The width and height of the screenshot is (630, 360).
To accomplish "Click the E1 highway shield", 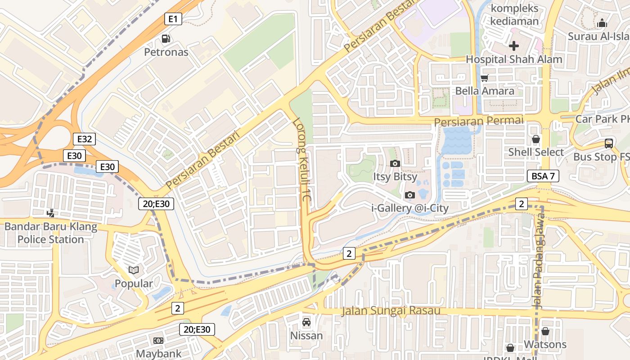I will tap(173, 19).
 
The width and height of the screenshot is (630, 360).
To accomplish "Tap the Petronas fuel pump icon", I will tap(166, 39).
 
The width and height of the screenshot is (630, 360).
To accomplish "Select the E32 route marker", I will tap(84, 139).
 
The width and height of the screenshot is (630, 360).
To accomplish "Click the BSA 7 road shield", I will tap(543, 176).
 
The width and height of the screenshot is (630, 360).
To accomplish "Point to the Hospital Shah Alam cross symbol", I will tap(513, 46).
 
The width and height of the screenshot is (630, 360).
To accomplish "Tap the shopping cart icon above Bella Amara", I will tap(485, 78).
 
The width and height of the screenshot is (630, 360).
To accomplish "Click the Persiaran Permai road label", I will tap(479, 121).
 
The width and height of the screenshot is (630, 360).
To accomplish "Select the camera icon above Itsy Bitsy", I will tap(395, 163).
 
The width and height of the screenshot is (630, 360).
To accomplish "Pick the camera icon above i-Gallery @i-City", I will tap(409, 195).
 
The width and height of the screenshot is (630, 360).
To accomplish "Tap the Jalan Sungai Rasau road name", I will tap(391, 310).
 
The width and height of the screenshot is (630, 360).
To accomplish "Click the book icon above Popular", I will tap(134, 270).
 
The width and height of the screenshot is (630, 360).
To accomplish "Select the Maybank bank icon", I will tap(158, 341).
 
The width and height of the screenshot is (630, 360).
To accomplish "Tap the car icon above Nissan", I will tap(306, 322).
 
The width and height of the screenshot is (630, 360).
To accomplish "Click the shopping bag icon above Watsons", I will tap(545, 331).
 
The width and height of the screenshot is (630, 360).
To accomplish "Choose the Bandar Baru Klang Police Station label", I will tap(50, 233).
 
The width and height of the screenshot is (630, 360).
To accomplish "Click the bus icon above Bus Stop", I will tap(608, 144).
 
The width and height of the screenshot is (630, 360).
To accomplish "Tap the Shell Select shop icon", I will tap(535, 139).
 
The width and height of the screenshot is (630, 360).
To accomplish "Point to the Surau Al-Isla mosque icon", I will tap(602, 23).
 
